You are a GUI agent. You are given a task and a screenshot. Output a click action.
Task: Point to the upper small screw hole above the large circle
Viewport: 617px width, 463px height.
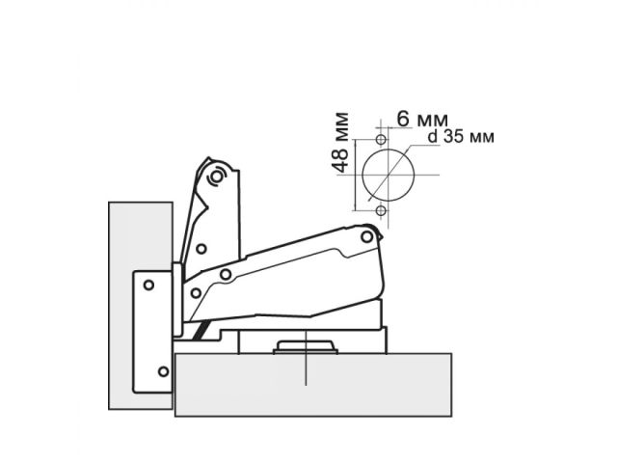[x=382, y=140]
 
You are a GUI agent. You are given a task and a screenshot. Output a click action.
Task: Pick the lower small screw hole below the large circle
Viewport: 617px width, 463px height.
[x=382, y=210]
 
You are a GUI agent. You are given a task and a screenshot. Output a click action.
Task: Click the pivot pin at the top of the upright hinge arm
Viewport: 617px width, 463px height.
[x=217, y=177]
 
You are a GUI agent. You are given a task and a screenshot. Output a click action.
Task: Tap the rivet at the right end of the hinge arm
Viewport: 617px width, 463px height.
[x=368, y=236]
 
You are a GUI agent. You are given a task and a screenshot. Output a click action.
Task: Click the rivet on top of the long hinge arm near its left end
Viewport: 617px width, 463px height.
[x=226, y=275]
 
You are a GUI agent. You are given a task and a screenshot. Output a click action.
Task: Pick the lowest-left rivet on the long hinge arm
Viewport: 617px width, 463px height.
[x=196, y=290]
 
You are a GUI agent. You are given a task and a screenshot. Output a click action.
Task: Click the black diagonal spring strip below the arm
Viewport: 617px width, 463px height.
[x=201, y=331]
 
